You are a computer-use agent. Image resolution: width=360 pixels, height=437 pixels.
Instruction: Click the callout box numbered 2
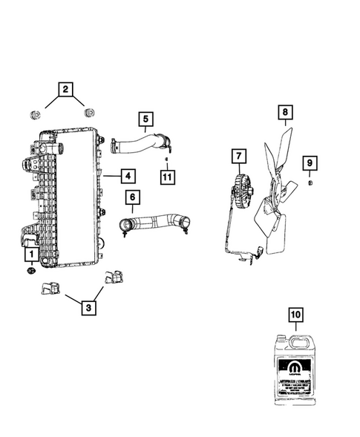66,91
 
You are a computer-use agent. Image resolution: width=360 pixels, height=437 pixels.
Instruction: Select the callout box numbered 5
145,118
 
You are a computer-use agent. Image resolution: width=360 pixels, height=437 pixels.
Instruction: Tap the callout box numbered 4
128,176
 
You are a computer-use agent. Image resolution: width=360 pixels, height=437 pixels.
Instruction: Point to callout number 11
168,176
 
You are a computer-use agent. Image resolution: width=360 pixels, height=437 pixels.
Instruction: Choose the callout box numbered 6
132,197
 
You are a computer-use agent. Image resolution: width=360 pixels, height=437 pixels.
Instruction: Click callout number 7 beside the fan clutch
238,157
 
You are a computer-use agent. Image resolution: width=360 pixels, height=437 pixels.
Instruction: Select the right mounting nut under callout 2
91,113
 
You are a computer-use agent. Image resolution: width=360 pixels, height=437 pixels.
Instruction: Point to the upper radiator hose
141,141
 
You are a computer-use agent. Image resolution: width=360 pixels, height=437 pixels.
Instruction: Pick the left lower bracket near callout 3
52,287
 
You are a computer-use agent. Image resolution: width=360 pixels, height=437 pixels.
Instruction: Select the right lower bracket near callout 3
114,276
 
